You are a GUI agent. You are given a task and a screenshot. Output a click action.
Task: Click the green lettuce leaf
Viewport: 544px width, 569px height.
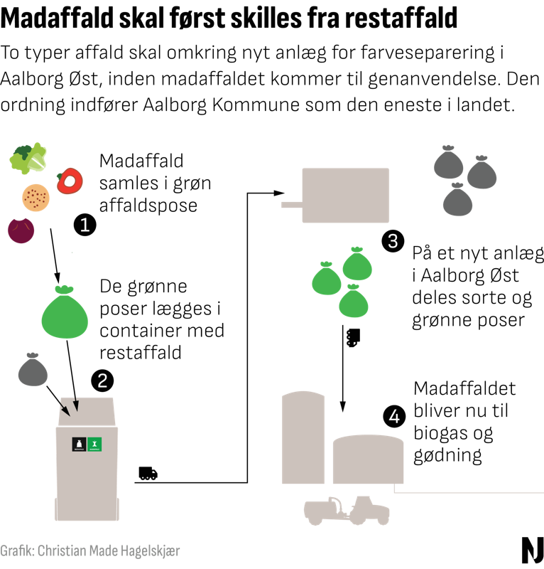click(x=28, y=158)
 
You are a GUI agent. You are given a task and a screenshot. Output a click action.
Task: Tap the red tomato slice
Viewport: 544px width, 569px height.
click(x=70, y=181)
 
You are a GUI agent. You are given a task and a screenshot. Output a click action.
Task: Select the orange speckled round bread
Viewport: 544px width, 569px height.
click(x=36, y=197)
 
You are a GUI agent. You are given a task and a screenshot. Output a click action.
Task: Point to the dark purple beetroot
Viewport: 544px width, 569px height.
click(x=21, y=230)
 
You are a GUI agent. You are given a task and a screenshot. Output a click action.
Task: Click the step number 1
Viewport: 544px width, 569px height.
click(x=85, y=226)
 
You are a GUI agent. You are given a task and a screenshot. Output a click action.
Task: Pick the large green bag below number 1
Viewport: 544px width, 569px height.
click(x=65, y=313)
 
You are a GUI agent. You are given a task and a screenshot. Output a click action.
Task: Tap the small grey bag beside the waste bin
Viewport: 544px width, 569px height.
click(x=33, y=370)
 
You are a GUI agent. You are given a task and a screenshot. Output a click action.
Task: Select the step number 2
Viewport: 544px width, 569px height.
click(x=102, y=381)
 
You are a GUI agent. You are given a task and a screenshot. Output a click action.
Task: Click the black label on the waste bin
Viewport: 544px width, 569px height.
click(x=79, y=445)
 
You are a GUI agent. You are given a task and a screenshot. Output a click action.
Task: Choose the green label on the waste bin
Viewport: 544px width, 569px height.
click(x=94, y=445)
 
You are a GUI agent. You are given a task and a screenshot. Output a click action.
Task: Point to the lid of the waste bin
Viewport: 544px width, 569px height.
click(x=87, y=411)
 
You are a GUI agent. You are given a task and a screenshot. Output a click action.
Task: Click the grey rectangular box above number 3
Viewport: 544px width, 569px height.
click(x=345, y=195)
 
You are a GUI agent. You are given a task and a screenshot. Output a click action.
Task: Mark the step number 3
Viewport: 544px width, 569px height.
click(x=392, y=242)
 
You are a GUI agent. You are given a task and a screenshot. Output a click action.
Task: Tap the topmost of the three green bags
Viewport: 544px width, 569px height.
click(x=357, y=265)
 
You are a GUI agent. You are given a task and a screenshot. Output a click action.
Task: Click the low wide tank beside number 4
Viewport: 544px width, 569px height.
click(x=368, y=459)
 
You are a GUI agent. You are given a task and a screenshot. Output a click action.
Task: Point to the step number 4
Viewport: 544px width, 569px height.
click(x=393, y=417)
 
